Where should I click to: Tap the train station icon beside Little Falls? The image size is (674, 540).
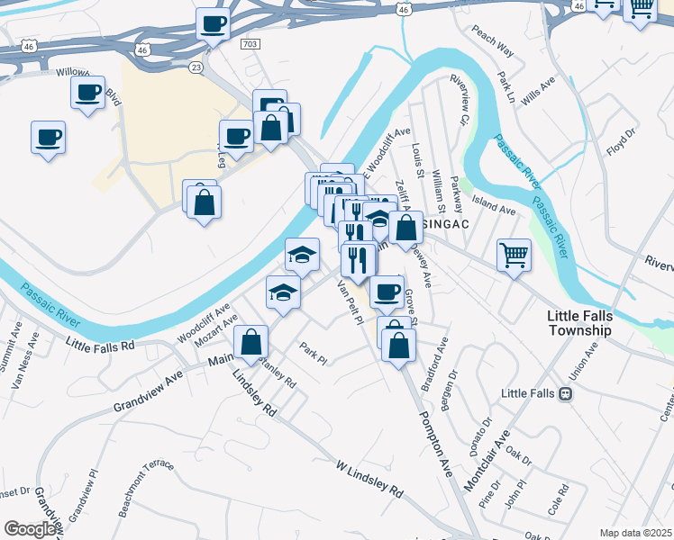point(565,393)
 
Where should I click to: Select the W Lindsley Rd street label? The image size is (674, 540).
point(369,480)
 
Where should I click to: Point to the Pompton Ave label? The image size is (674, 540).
point(433,444)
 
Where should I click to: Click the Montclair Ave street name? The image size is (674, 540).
point(487,461)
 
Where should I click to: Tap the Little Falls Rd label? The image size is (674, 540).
point(100,344)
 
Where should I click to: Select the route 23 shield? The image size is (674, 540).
point(195,67)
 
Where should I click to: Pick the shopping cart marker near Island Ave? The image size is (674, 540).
point(514,255)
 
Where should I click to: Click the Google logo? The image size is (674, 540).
point(30,529)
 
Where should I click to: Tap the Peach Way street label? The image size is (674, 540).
point(491,40)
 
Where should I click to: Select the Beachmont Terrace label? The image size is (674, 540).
point(145,488)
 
